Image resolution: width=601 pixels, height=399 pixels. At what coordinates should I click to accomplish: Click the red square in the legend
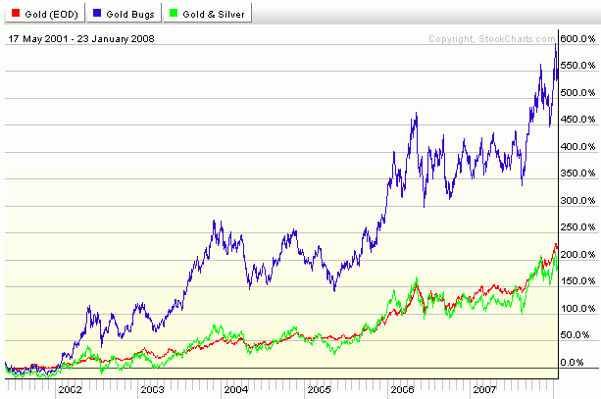[12, 14]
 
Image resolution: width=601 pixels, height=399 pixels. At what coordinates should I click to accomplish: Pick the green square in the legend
[174, 14]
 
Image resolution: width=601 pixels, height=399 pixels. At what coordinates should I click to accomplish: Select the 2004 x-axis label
[236, 389]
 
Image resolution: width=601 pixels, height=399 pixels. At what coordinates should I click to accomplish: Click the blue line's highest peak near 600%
[556, 43]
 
